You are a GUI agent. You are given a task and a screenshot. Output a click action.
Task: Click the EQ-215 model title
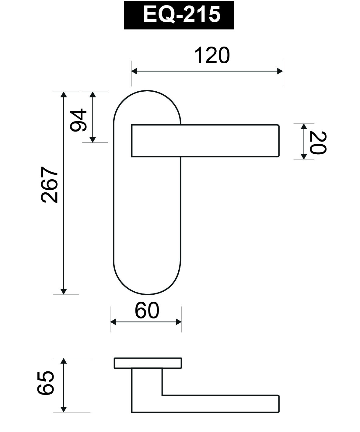[x=179, y=15]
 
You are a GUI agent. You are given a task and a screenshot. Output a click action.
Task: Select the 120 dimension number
[x=212, y=55]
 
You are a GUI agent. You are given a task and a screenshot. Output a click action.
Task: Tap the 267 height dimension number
[x=49, y=184]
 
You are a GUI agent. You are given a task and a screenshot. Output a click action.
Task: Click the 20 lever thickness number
[x=317, y=142]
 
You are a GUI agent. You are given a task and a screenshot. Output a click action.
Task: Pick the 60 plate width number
[x=147, y=311]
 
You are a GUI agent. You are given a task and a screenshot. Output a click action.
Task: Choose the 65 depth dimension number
[x=46, y=383]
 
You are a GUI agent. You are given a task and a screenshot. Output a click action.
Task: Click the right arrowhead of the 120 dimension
[x=280, y=72]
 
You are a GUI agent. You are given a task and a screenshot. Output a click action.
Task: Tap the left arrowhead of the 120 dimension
[x=134, y=72]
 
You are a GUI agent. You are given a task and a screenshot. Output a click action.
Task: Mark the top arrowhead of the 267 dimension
[x=63, y=94]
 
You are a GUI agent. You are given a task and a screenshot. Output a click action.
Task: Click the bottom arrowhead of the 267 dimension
[x=63, y=291]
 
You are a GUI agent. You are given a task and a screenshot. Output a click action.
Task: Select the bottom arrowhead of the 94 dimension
[x=93, y=140]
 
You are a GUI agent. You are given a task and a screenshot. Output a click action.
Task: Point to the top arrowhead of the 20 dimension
[x=303, y=126]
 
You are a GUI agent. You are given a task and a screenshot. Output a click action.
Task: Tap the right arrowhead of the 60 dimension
[x=179, y=322]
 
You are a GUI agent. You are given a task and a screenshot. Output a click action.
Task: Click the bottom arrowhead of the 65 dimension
[x=63, y=409]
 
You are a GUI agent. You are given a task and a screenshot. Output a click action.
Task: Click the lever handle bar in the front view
[x=205, y=141]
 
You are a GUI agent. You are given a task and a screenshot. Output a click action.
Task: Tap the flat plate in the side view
[x=148, y=363]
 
